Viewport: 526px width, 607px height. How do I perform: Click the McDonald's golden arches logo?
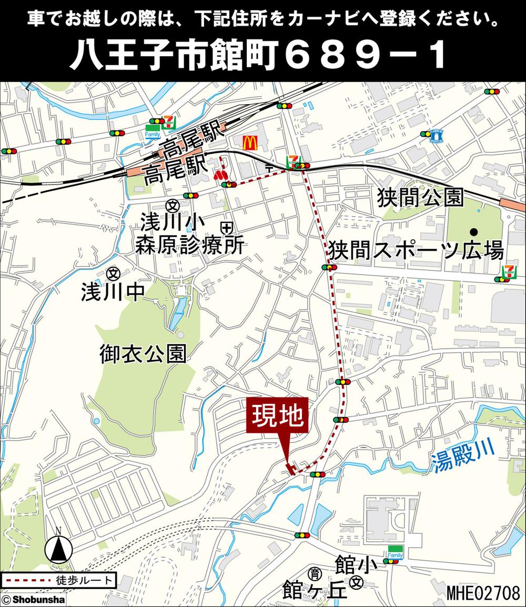click(249, 141)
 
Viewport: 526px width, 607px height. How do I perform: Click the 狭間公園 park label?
click(420, 198)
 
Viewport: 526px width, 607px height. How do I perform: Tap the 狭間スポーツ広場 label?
click(416, 249)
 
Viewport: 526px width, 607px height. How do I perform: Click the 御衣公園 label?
click(143, 355)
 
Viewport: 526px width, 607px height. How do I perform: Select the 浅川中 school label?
click(113, 292)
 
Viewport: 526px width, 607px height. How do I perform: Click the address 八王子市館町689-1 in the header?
click(258, 56)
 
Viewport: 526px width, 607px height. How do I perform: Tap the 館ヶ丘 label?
click(315, 590)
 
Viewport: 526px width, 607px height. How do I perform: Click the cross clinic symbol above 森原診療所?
click(227, 228)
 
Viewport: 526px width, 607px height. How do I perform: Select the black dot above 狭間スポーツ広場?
click(474, 231)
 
